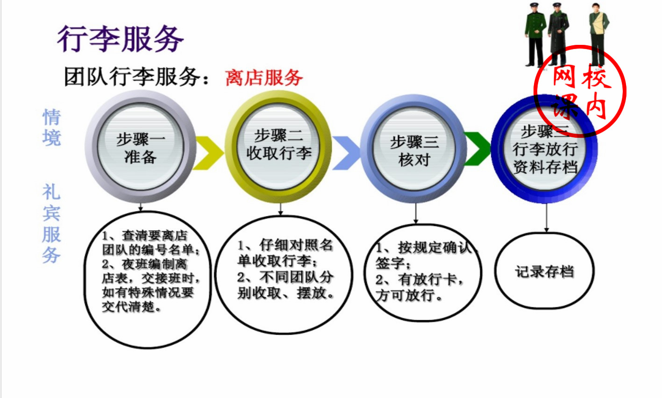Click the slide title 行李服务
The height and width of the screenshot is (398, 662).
click(121, 38)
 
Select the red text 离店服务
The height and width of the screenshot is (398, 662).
click(264, 78)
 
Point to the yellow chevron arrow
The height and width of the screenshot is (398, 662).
click(208, 152)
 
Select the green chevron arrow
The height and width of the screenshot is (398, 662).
click(477, 149)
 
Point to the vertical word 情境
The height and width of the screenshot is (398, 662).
click(51, 128)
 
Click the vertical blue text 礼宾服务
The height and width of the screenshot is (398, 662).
click(51, 223)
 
